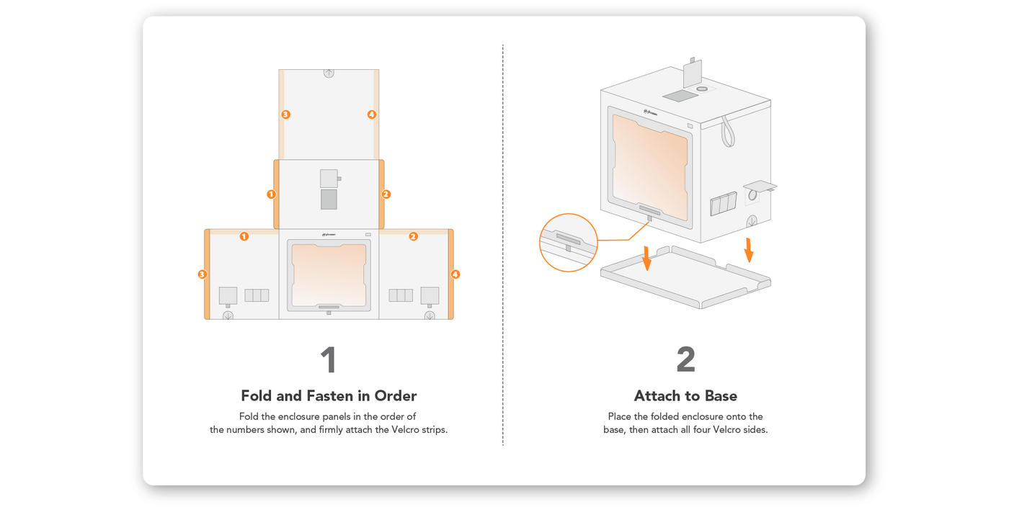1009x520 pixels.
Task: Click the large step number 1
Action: point(328,361)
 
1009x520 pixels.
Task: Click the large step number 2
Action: point(685,361)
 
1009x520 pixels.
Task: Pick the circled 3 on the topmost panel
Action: point(285,115)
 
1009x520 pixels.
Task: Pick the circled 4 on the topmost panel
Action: point(372,115)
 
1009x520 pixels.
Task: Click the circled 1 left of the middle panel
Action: point(271,194)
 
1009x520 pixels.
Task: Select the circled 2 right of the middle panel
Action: point(386,194)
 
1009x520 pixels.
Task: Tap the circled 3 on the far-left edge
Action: point(203,274)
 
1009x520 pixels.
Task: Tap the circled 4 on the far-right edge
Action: point(455,274)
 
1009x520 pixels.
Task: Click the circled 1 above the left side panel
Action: point(244,236)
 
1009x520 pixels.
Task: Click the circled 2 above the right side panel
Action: point(413,236)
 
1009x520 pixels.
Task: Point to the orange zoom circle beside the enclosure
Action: point(569,243)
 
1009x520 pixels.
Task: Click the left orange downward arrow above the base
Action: point(646,258)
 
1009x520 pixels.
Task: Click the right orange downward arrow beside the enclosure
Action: point(750,248)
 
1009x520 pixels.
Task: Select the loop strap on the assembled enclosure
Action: point(727,132)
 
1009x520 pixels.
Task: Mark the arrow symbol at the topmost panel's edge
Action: point(329,73)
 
